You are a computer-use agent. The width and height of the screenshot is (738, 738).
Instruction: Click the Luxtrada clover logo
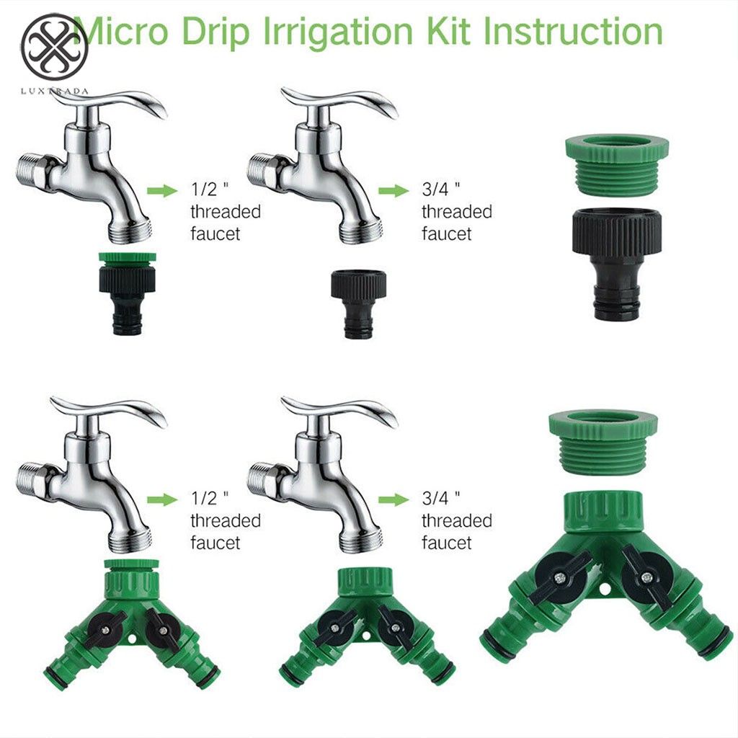coord(55,47)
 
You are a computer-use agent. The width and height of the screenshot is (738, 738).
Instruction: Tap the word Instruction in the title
coord(573,31)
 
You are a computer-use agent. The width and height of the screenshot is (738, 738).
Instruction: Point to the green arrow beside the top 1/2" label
coord(162,190)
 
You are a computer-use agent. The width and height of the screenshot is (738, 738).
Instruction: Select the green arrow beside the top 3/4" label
coord(394,190)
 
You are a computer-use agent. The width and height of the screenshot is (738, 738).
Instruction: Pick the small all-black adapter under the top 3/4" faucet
coord(359,303)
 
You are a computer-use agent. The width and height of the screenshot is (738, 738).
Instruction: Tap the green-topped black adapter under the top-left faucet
coord(127,293)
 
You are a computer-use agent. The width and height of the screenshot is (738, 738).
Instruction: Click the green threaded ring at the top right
coord(617,164)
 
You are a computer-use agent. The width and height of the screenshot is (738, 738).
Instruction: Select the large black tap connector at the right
coord(617,262)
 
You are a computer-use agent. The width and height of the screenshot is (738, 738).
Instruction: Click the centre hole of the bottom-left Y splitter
coord(131,639)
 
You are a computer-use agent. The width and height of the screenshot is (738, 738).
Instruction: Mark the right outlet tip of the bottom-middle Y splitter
coord(442,670)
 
